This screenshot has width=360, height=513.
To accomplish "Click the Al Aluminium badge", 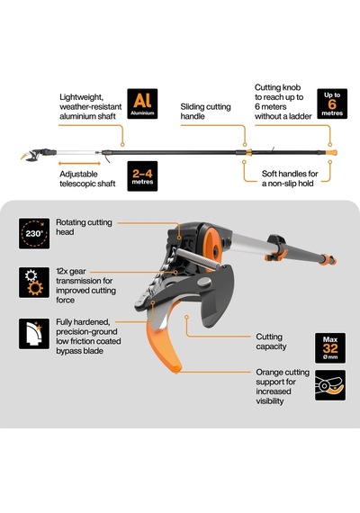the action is click(142, 103).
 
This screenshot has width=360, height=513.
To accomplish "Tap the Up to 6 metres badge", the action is click(332, 103).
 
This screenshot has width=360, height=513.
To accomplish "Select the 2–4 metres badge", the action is click(142, 176).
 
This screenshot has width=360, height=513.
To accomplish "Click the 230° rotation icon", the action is click(34, 234).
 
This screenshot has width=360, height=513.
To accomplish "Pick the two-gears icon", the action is click(34, 283).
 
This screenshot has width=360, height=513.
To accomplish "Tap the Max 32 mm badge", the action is click(330, 348).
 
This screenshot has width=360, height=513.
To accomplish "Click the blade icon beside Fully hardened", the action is click(34, 334).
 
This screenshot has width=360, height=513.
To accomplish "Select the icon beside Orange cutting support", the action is click(330, 385).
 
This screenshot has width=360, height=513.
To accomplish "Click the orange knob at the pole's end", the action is click(331, 152).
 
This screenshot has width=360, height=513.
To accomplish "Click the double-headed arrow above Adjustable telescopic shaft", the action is click(79, 163).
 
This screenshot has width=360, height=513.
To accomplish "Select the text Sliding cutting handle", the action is click(205, 112).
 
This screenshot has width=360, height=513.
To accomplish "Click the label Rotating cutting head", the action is click(84, 227).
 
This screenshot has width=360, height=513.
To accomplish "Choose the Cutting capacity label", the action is click(271, 342).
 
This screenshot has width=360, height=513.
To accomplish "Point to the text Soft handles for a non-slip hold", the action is click(290, 178).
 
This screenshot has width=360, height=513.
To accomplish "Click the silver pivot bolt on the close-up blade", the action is click(204, 282).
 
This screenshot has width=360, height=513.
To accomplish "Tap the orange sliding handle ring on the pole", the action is click(248, 152).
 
